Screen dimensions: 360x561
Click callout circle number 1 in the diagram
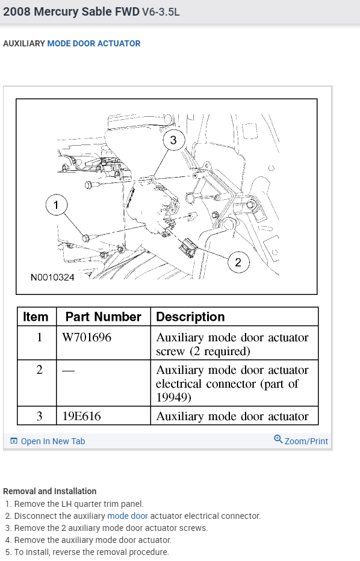point(56,205)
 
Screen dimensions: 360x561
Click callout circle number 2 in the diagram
point(238,262)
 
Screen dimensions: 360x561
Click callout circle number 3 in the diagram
point(173,140)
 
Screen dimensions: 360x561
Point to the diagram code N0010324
point(52,277)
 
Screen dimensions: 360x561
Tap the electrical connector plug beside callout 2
point(189,247)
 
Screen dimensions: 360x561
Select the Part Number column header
point(103,317)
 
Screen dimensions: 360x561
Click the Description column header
point(190,317)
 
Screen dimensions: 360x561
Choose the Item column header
point(36,317)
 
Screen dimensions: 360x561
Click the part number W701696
point(87,338)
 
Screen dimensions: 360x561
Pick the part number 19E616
point(82,416)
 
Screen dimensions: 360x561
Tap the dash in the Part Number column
point(69,371)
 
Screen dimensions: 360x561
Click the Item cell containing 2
point(39,370)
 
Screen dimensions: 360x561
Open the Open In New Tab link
point(48,441)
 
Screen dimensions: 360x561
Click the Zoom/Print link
point(301,441)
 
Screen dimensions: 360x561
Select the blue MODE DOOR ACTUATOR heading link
point(94,44)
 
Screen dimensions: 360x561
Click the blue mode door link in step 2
point(128,516)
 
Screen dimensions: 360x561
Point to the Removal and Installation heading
point(50,491)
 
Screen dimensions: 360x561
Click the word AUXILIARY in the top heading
point(24,44)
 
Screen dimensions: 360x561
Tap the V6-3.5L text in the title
point(161,12)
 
